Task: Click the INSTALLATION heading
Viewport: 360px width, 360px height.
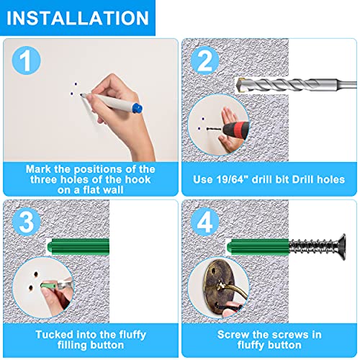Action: (77, 18)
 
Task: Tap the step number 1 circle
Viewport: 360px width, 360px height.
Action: (27, 60)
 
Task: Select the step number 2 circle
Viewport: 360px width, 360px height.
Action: (204, 60)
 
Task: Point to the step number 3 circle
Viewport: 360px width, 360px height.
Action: (27, 222)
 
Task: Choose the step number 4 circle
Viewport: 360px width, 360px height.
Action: (204, 222)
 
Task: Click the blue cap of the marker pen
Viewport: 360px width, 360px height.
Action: (137, 108)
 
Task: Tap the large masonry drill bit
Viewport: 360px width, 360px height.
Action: (296, 85)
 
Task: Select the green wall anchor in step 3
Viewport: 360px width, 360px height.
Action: (78, 246)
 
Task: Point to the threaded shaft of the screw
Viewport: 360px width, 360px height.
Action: (312, 247)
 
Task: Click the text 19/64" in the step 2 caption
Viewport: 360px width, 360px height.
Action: (230, 179)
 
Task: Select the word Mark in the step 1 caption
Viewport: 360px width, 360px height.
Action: (38, 169)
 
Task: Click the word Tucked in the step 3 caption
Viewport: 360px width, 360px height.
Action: (52, 334)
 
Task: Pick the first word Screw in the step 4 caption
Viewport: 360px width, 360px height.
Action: (232, 334)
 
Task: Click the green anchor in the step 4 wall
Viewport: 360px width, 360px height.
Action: (258, 247)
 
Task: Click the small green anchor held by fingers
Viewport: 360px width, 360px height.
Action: (49, 286)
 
